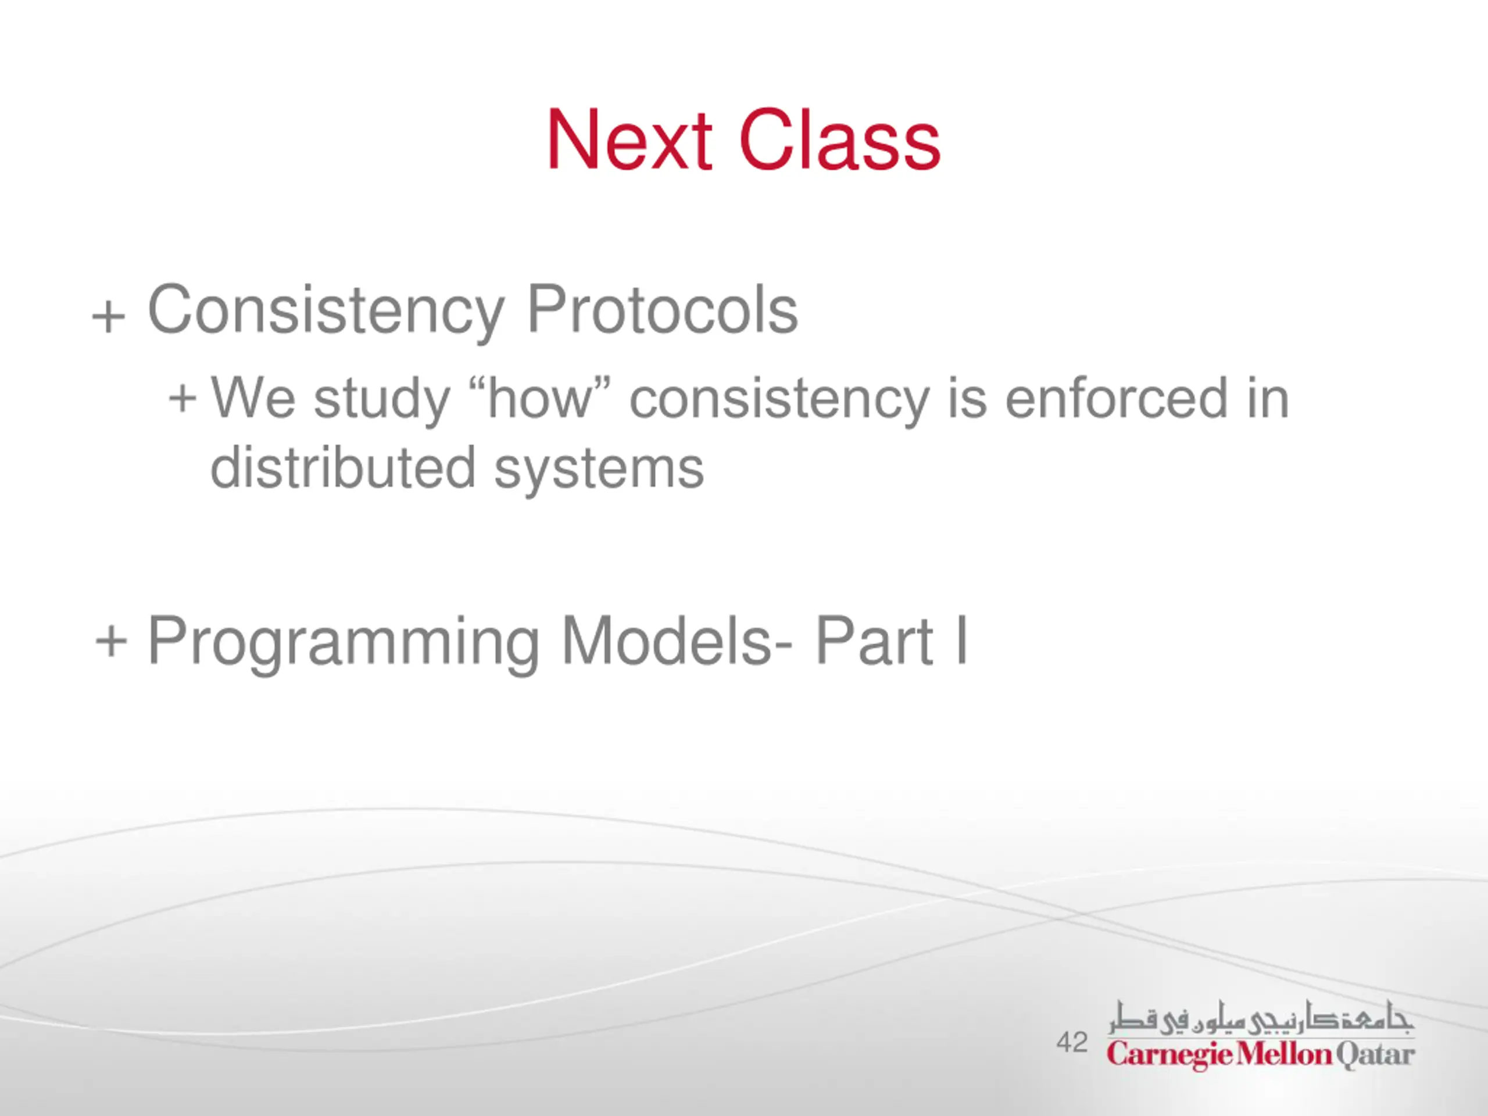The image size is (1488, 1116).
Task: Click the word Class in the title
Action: point(839,140)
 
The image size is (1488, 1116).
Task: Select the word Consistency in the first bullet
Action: point(325,311)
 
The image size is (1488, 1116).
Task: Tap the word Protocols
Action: point(663,309)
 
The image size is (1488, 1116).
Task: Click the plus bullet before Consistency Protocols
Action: point(109,316)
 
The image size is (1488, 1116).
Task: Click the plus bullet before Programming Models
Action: point(111,640)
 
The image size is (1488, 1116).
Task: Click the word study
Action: point(381,401)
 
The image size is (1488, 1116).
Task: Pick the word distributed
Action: point(344,467)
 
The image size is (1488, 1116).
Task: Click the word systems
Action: point(599,471)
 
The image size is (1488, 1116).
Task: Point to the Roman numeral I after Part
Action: point(961,640)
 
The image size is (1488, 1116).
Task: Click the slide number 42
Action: point(1072,1042)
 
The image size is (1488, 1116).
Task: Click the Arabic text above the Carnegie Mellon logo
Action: point(1262,1018)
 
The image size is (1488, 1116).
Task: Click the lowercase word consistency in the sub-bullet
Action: point(779,401)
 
